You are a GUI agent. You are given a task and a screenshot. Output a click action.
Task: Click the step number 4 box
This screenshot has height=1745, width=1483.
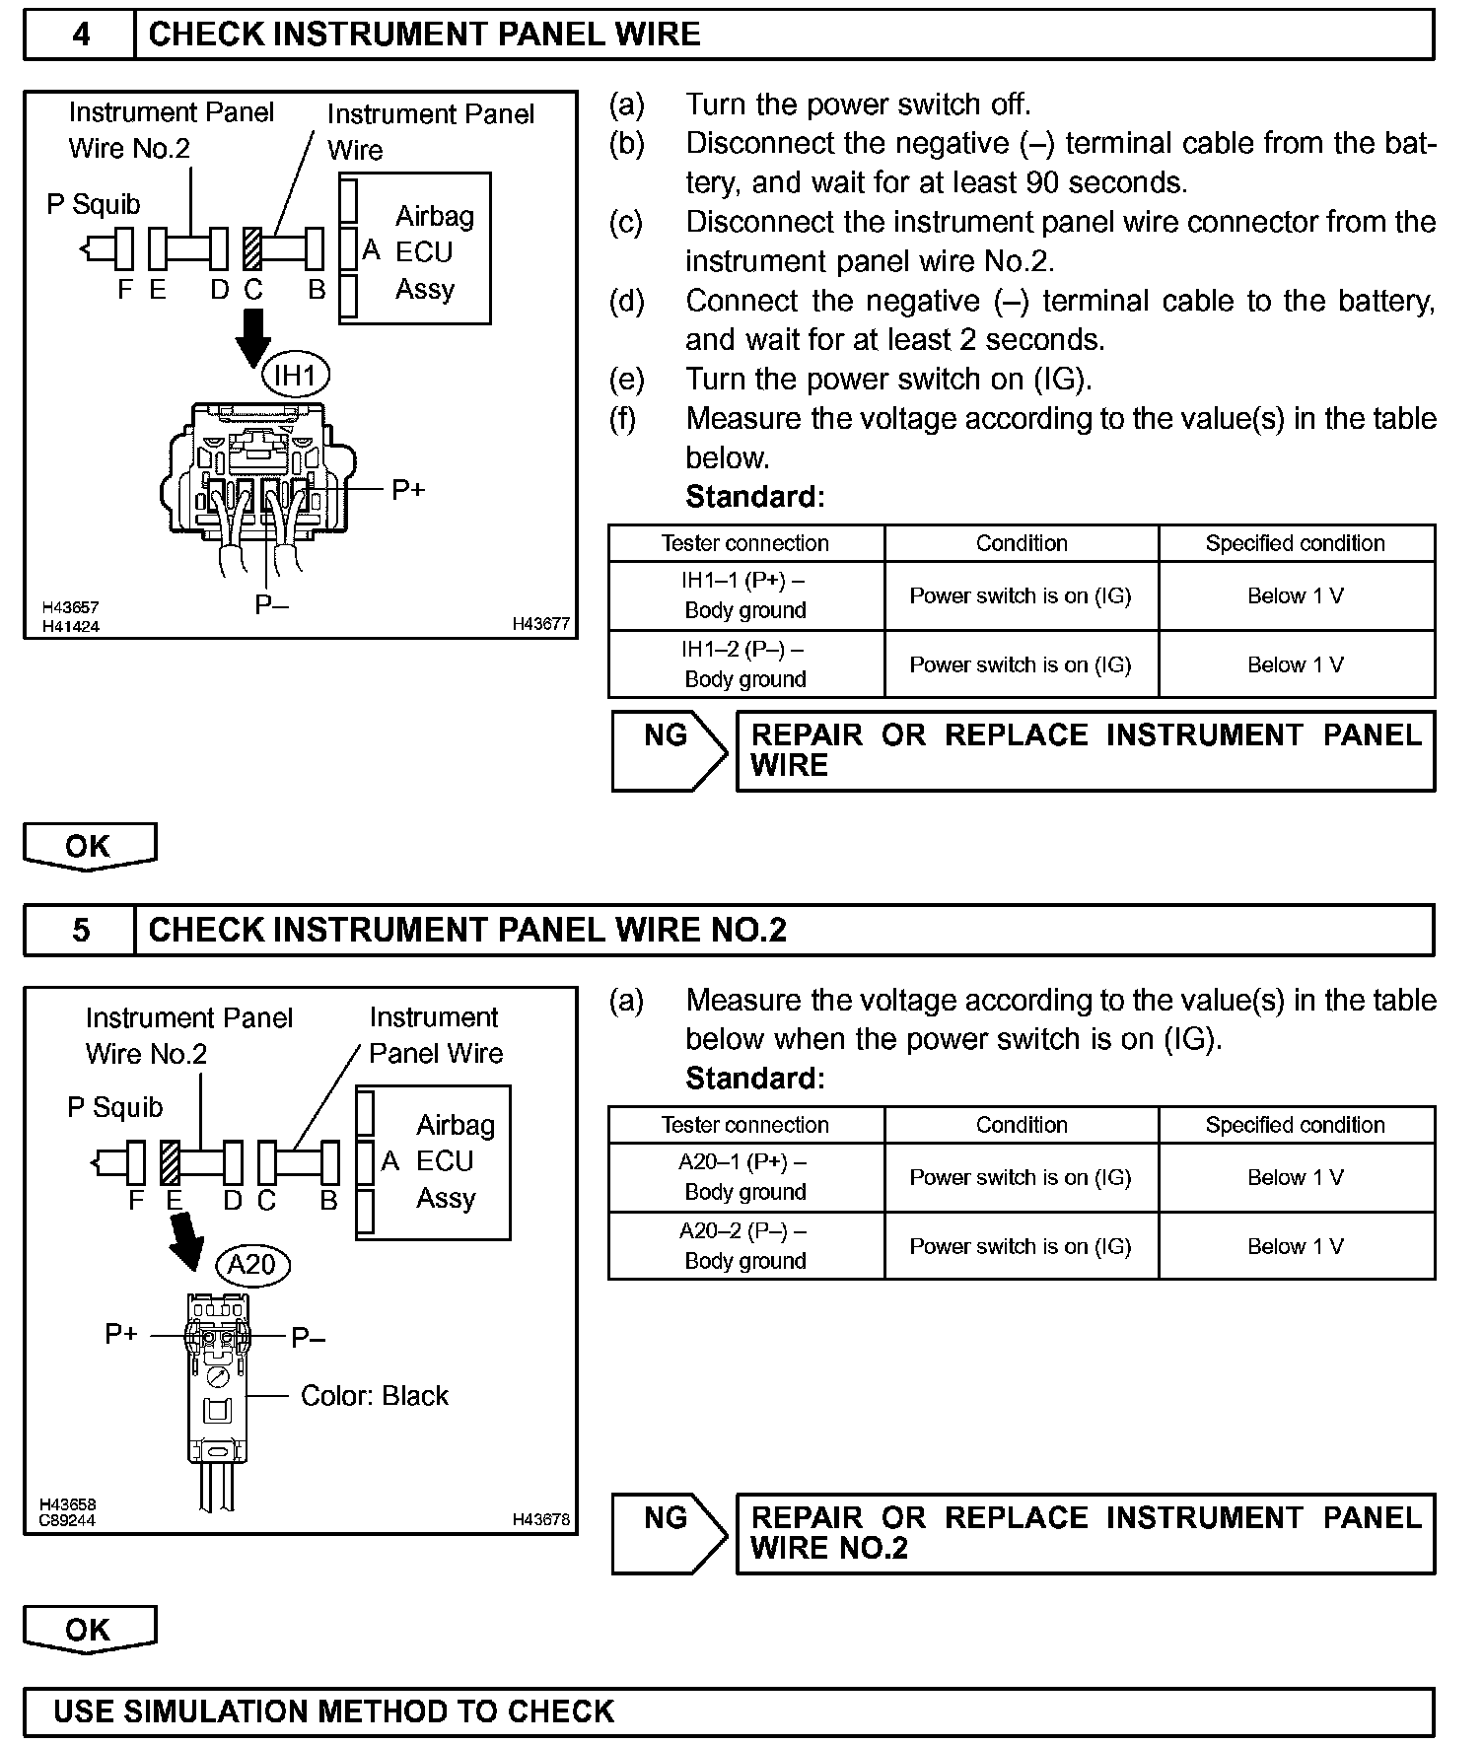pyautogui.click(x=80, y=35)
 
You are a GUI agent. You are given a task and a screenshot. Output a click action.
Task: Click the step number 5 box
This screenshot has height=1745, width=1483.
pyautogui.click(x=80, y=931)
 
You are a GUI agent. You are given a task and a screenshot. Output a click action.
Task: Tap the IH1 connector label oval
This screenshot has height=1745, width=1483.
pyautogui.click(x=295, y=376)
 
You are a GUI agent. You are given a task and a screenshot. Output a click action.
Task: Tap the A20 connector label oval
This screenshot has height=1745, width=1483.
pyautogui.click(x=252, y=1265)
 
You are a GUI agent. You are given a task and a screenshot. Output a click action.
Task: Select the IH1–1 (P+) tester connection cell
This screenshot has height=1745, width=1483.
pyautogui.click(x=745, y=595)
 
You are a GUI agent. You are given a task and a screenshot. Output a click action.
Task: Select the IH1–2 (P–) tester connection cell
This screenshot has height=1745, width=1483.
pyautogui.click(x=745, y=664)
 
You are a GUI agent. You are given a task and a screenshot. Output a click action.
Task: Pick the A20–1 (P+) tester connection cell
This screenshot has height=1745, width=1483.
pyautogui.click(x=745, y=1177)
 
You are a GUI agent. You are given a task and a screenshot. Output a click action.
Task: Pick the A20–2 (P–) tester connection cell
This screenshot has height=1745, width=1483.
pyautogui.click(x=745, y=1246)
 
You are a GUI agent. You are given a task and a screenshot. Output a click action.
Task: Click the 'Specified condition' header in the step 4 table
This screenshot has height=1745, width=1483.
pyautogui.click(x=1295, y=543)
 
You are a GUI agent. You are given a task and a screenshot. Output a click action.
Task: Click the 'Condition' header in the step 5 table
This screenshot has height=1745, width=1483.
pyautogui.click(x=1022, y=1125)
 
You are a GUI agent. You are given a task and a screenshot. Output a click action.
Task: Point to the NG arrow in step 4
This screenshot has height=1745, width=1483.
pyautogui.click(x=669, y=750)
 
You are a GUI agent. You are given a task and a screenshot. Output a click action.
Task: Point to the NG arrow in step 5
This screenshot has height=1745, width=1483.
pyautogui.click(x=669, y=1533)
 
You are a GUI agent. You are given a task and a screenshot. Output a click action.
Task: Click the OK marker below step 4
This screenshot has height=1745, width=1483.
pyautogui.click(x=90, y=847)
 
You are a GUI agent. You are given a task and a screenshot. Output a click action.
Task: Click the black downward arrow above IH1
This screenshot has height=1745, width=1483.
pyautogui.click(x=253, y=336)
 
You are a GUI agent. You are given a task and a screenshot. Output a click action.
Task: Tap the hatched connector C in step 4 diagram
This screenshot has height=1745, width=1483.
pyautogui.click(x=252, y=248)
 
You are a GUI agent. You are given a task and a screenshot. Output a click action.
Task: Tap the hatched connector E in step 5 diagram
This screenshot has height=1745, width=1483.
pyautogui.click(x=170, y=1162)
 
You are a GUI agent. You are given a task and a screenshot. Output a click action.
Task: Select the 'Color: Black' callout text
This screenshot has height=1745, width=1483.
pyautogui.click(x=374, y=1396)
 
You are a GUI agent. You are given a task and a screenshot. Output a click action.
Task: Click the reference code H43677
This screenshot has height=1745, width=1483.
pyautogui.click(x=540, y=624)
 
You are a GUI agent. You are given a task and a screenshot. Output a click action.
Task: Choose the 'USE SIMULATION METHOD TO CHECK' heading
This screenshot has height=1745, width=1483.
pyautogui.click(x=334, y=1710)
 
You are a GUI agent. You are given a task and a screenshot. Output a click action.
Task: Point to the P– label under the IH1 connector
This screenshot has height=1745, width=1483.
pyautogui.click(x=271, y=605)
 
